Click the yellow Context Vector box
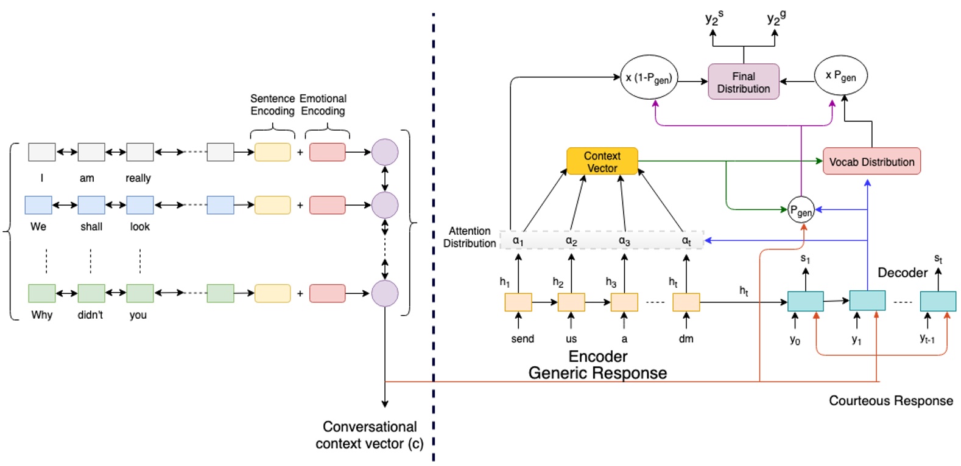coord(602,161)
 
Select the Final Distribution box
coord(743,82)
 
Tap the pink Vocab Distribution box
coord(871,162)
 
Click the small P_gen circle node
coord(800,210)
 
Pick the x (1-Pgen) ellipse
coord(649,78)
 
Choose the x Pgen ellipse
coord(840,75)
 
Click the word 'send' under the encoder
coord(522,339)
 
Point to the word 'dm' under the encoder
coord(686,339)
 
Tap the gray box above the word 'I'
coord(42,152)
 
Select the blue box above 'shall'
coord(91,205)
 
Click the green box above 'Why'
coord(42,293)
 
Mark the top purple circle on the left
coord(385,152)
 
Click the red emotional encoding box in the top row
coord(327,152)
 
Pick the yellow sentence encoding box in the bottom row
coord(272,293)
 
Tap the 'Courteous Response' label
coord(890,400)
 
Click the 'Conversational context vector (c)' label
coord(369,435)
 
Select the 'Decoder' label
coord(902,273)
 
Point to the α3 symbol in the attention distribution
coord(624,241)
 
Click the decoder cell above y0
coord(805,301)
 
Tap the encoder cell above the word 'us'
coord(571,302)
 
